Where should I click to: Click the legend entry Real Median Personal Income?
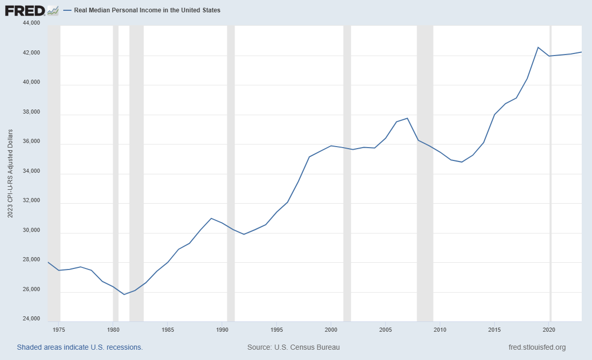(x=147, y=10)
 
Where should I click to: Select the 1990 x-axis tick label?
(x=222, y=329)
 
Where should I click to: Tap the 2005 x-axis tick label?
(x=385, y=329)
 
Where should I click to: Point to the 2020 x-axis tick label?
(x=549, y=329)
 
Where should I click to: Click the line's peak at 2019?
(x=538, y=47)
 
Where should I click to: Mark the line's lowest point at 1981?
(x=124, y=294)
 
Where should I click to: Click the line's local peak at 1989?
(x=211, y=218)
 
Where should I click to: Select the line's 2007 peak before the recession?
(x=407, y=118)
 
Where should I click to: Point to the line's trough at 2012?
(x=462, y=162)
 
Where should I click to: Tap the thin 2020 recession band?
(x=550, y=206)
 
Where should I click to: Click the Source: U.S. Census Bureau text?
(x=293, y=347)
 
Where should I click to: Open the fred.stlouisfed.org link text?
(x=536, y=347)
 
